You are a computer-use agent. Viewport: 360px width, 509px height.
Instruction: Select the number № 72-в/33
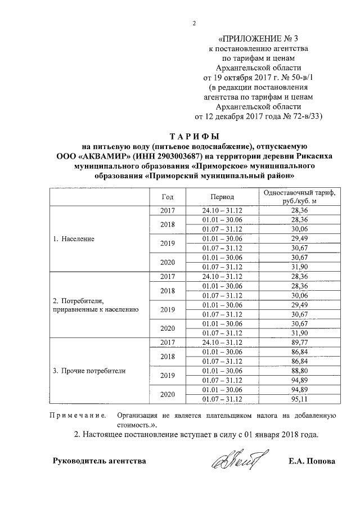pyautogui.click(x=296, y=116)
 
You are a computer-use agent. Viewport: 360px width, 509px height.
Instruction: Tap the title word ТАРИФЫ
pyautogui.click(x=193, y=136)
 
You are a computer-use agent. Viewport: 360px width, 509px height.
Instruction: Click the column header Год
pyautogui.click(x=167, y=197)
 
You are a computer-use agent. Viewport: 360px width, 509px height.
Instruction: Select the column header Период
pyautogui.click(x=222, y=197)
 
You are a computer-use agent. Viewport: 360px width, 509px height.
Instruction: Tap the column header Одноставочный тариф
pyautogui.click(x=296, y=193)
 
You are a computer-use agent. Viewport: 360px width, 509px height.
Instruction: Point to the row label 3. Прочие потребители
pyautogui.click(x=89, y=371)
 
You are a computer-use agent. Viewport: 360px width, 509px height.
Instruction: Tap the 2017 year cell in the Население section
pyautogui.click(x=168, y=210)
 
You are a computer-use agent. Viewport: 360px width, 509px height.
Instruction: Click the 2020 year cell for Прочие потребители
pyautogui.click(x=168, y=394)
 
